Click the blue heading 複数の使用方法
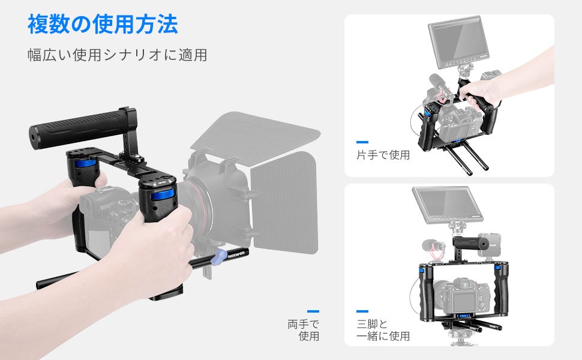[x=103, y=25]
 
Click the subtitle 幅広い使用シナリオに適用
[x=117, y=55]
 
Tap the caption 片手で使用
[x=383, y=155]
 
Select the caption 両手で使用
[x=303, y=330]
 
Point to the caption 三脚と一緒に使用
[x=383, y=330]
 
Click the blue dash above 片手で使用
[x=362, y=142]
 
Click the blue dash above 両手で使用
[x=313, y=311]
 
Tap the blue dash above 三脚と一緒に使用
[x=362, y=311]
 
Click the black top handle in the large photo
[x=82, y=126]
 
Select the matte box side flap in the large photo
[x=284, y=203]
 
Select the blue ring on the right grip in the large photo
[x=162, y=195]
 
